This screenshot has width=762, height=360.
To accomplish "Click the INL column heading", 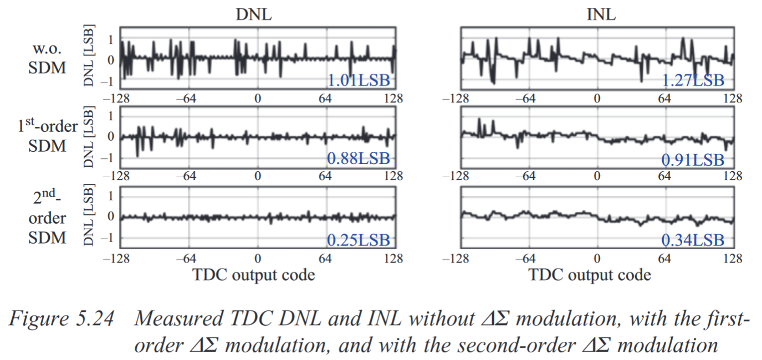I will [x=601, y=14].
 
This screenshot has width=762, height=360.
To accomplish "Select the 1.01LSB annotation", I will [x=359, y=80].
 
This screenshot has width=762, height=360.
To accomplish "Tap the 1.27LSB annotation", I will [x=693, y=80].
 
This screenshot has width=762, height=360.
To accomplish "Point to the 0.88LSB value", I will [x=359, y=160].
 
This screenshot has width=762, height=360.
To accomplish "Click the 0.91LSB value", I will [x=693, y=160].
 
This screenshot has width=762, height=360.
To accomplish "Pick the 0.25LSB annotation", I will [x=359, y=240].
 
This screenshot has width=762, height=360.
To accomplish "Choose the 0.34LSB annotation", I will [x=693, y=240].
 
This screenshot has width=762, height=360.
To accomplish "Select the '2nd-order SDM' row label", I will [x=47, y=217].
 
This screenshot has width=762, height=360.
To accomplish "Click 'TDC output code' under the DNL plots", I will [x=253, y=275].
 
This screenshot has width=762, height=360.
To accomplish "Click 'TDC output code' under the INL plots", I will [x=590, y=275].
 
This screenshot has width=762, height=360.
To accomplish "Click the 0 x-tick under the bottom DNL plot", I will [x=257, y=259].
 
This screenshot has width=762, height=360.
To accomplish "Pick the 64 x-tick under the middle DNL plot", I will [x=325, y=177].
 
